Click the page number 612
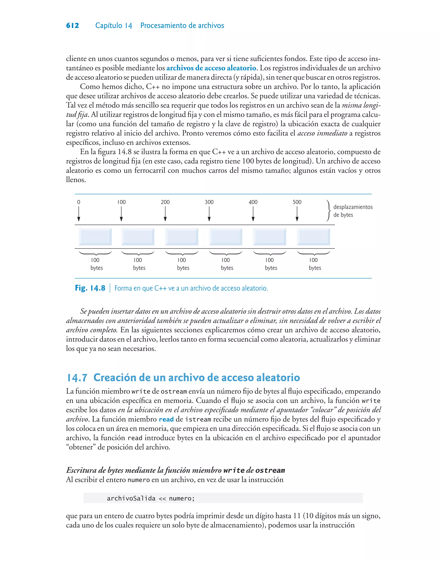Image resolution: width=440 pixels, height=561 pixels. pos(72,26)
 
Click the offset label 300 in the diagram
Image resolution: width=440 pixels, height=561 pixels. pos(209,202)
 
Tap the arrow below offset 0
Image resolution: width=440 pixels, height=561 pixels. pos(79,214)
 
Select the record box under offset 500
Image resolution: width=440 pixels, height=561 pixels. pos(313,237)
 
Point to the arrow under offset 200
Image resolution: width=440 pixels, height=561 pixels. pos(165,214)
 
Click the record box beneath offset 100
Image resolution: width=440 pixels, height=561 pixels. pos(137,237)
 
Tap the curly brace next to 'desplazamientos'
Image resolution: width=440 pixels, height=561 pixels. pos(328,211)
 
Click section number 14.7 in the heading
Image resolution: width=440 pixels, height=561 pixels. pos(77,378)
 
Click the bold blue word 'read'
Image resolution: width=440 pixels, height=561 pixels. pos(166,419)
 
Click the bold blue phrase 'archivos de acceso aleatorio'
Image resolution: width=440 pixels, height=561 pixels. pos(211,68)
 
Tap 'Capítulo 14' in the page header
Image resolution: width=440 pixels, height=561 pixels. pos(114,26)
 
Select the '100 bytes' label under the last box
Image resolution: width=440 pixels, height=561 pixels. pos(315,264)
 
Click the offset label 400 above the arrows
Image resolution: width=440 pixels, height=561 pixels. pos(253,202)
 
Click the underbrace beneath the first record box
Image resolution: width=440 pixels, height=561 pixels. pos(95,253)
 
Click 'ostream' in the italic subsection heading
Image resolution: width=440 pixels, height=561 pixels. pos(270,470)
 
